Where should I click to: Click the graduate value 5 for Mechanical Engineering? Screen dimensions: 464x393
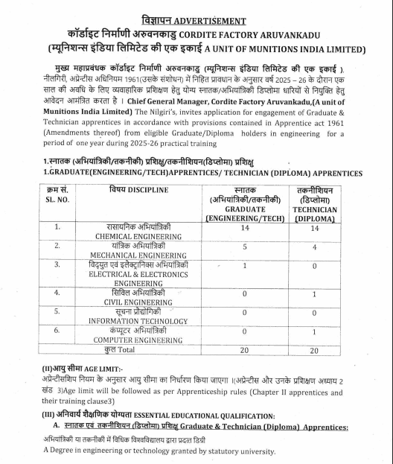[x=244, y=249]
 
